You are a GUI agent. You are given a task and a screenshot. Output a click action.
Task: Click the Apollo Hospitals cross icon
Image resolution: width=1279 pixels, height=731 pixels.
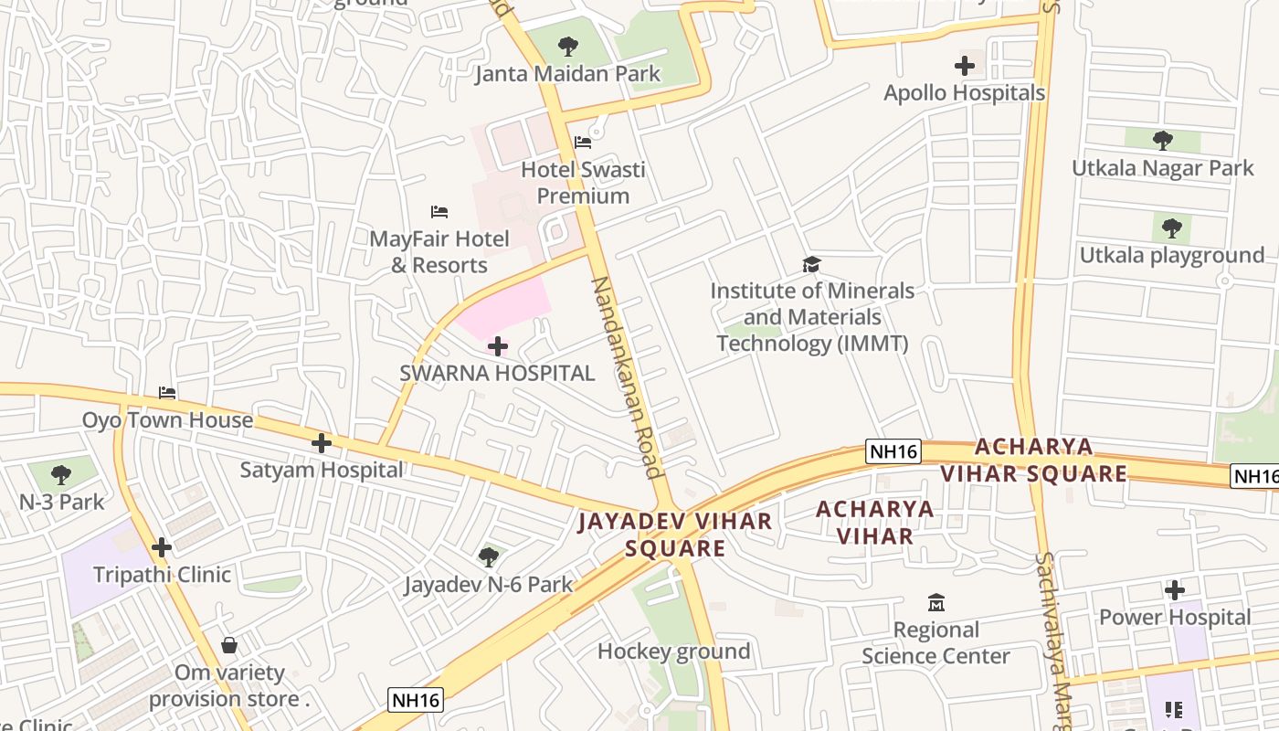pyautogui.click(x=964, y=66)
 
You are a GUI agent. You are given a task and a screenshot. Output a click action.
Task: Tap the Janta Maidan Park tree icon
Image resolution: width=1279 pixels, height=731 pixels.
pyautogui.click(x=567, y=46)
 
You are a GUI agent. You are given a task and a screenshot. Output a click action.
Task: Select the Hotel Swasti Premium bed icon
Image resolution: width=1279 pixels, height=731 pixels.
pyautogui.click(x=583, y=142)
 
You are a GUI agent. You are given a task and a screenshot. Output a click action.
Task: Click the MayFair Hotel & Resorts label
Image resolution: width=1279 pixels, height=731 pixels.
pyautogui.click(x=439, y=252)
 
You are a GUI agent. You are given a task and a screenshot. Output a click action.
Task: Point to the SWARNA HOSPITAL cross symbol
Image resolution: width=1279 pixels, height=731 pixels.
pyautogui.click(x=498, y=346)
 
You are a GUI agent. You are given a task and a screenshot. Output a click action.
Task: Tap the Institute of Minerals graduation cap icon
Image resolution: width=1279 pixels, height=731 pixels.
pyautogui.click(x=811, y=265)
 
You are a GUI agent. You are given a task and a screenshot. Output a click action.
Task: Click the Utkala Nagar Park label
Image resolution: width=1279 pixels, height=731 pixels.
pyautogui.click(x=1163, y=168)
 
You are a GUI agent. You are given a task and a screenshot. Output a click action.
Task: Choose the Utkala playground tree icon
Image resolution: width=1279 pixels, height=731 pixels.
pyautogui.click(x=1171, y=228)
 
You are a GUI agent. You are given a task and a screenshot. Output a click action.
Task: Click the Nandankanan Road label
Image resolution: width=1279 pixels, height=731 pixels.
pyautogui.click(x=626, y=376)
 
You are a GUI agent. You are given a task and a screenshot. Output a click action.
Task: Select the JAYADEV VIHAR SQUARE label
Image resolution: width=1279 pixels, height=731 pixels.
pyautogui.click(x=675, y=535)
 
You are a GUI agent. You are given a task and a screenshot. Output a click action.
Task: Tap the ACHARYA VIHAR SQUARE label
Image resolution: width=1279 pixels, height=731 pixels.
pyautogui.click(x=1033, y=460)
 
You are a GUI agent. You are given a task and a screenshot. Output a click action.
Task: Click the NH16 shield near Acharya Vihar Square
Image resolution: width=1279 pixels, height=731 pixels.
pyautogui.click(x=893, y=450)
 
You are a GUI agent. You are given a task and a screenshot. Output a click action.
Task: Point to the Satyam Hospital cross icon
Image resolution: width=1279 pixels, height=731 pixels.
pyautogui.click(x=321, y=443)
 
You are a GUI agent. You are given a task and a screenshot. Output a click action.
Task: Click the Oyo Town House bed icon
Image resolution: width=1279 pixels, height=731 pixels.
pyautogui.click(x=167, y=393)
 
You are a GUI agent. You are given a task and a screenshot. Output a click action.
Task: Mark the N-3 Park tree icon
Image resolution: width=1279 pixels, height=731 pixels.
pyautogui.click(x=61, y=474)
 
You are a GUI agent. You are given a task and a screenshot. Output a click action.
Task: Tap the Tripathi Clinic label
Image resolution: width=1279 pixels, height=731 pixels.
pyautogui.click(x=162, y=575)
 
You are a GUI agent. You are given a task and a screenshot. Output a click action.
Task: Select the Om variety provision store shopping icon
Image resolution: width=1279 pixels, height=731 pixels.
pyautogui.click(x=229, y=645)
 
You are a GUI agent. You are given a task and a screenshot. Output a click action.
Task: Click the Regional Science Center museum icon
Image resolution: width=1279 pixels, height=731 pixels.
pyautogui.click(x=935, y=603)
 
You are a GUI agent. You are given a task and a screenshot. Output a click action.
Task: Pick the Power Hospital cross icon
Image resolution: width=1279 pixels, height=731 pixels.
pyautogui.click(x=1175, y=590)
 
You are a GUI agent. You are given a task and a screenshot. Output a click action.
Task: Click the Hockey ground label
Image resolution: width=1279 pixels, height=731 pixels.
pyautogui.click(x=673, y=652)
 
